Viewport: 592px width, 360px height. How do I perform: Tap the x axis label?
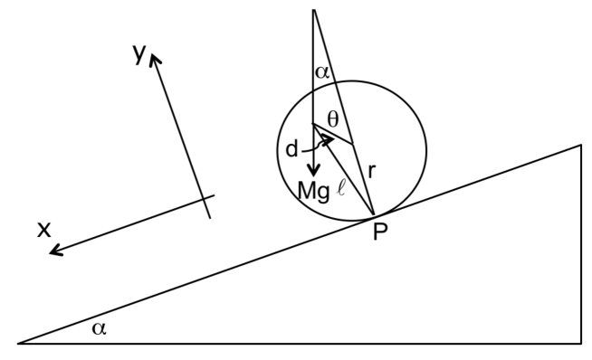pyautogui.click(x=43, y=230)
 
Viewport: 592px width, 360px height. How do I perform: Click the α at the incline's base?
pyautogui.click(x=99, y=327)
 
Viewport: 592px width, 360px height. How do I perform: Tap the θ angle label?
pyautogui.click(x=334, y=118)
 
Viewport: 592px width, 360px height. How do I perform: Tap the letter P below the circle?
pyautogui.click(x=380, y=232)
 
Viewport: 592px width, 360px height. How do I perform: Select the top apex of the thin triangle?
pyautogui.click(x=313, y=10)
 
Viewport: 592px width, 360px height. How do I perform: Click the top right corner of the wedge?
pyautogui.click(x=580, y=145)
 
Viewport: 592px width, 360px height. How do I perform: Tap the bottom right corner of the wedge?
pyautogui.click(x=580, y=343)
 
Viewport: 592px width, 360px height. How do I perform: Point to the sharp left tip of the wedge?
pyautogui.click(x=20, y=343)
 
